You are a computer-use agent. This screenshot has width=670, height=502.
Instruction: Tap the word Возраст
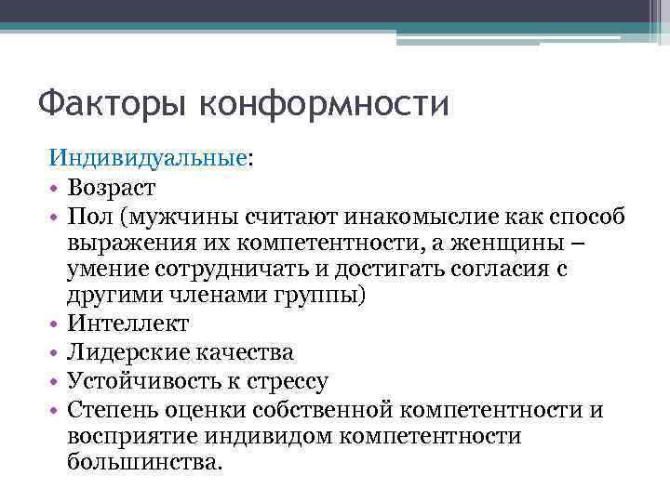click(x=112, y=188)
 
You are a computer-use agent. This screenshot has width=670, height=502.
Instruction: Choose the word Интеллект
click(x=128, y=324)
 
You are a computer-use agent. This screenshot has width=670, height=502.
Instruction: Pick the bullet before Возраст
click(x=55, y=189)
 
